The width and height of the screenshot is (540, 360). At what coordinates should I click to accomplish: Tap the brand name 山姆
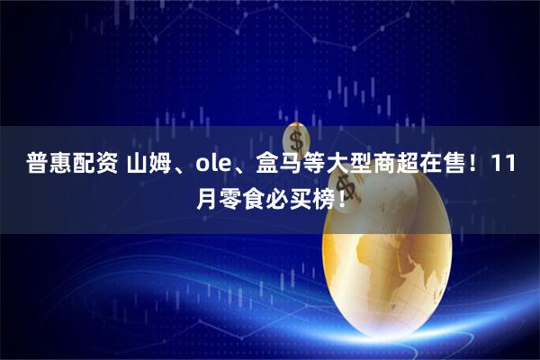point(151,166)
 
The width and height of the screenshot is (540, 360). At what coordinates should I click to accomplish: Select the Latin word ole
point(208,166)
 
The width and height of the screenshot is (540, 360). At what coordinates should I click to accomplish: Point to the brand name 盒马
point(264,166)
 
